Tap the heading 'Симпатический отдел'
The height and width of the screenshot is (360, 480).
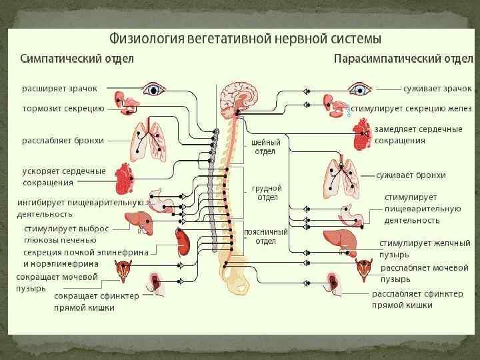[77, 58]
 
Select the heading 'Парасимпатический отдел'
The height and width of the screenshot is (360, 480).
[403, 58]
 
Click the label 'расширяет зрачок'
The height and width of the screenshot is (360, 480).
[59, 88]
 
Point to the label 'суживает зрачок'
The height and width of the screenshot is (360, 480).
[437, 88]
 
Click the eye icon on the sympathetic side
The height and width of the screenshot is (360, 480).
[155, 89]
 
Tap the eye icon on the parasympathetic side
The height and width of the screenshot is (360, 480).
[361, 89]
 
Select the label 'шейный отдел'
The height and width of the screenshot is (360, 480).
[265, 147]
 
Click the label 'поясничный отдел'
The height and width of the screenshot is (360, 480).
[265, 236]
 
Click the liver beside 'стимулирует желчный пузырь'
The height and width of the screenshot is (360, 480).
[339, 239]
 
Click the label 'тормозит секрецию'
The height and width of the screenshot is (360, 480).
[63, 107]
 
